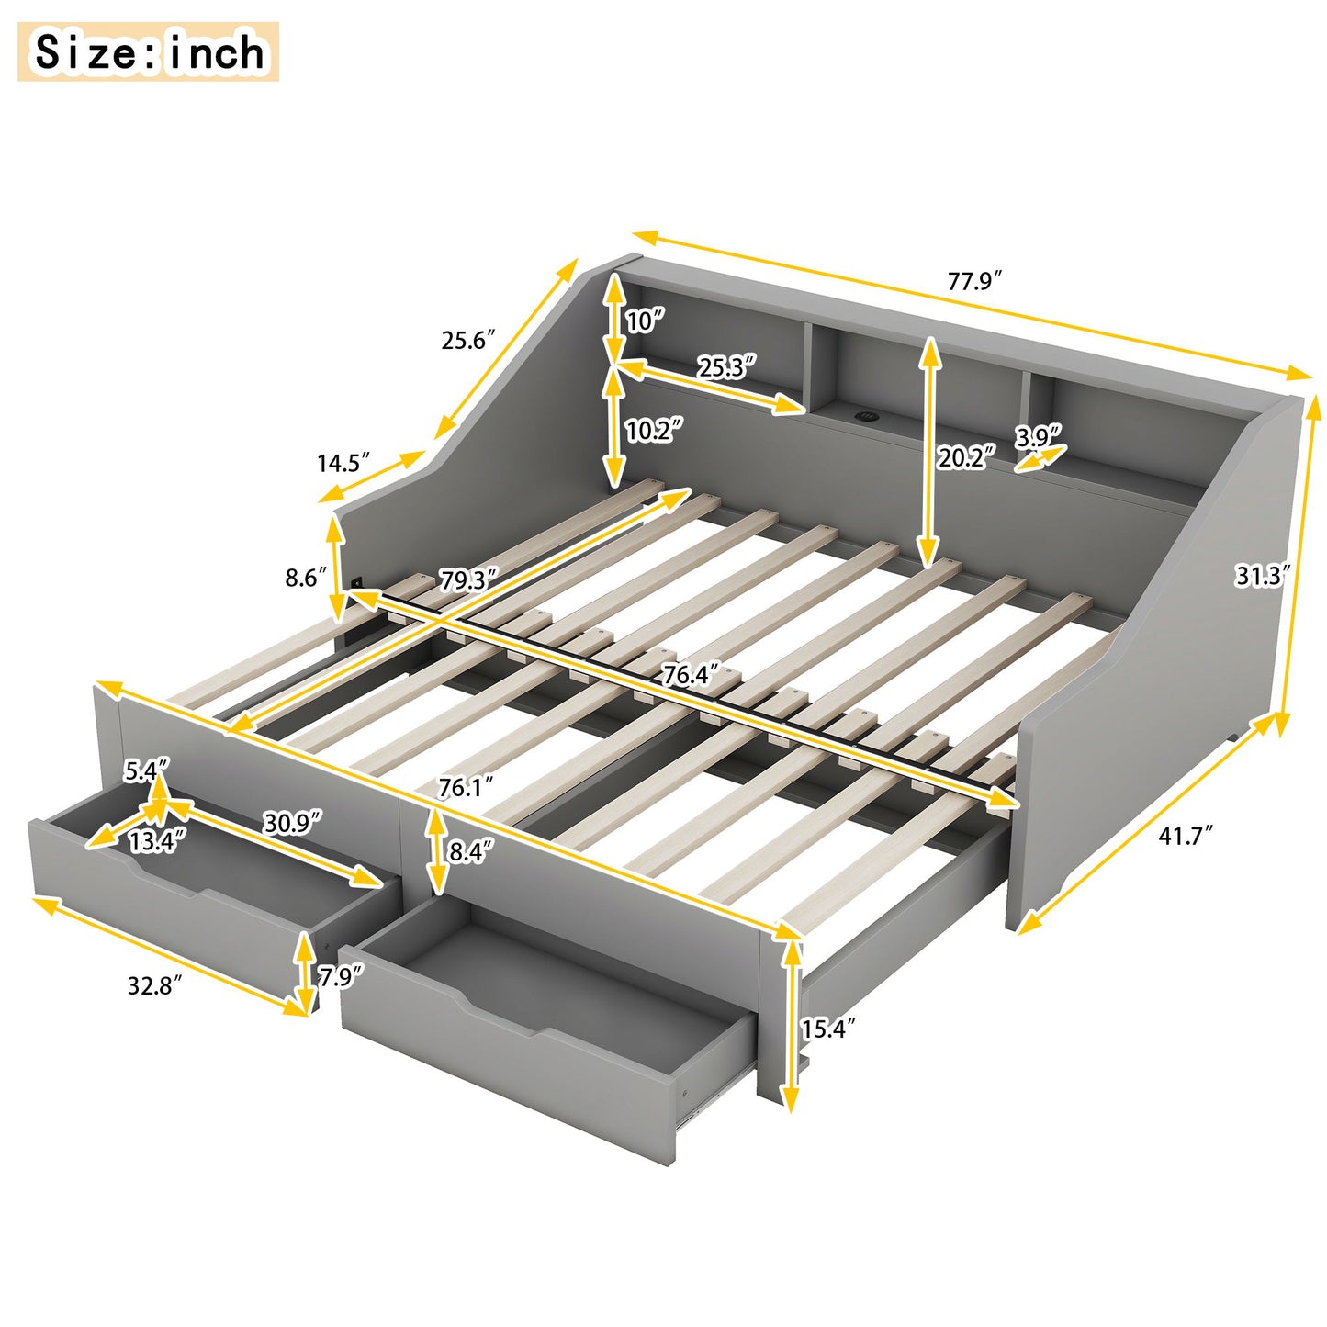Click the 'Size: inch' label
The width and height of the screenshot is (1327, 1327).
click(148, 52)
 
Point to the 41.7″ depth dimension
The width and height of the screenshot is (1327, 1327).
click(1186, 836)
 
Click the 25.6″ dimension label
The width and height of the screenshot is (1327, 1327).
click(468, 340)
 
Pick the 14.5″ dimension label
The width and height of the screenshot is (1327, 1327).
click(344, 462)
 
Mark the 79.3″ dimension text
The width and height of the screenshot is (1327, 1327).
click(468, 580)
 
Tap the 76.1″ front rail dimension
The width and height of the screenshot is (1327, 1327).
click(467, 787)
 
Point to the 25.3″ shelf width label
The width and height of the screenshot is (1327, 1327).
click(726, 367)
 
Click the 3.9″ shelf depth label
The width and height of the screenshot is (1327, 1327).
click(1039, 437)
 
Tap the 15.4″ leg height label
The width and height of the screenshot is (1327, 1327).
click(828, 1028)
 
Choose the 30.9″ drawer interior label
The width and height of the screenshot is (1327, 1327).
click(293, 823)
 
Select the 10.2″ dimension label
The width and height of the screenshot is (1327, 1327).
click(654, 430)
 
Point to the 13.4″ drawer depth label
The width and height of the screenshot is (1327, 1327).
click(157, 840)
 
